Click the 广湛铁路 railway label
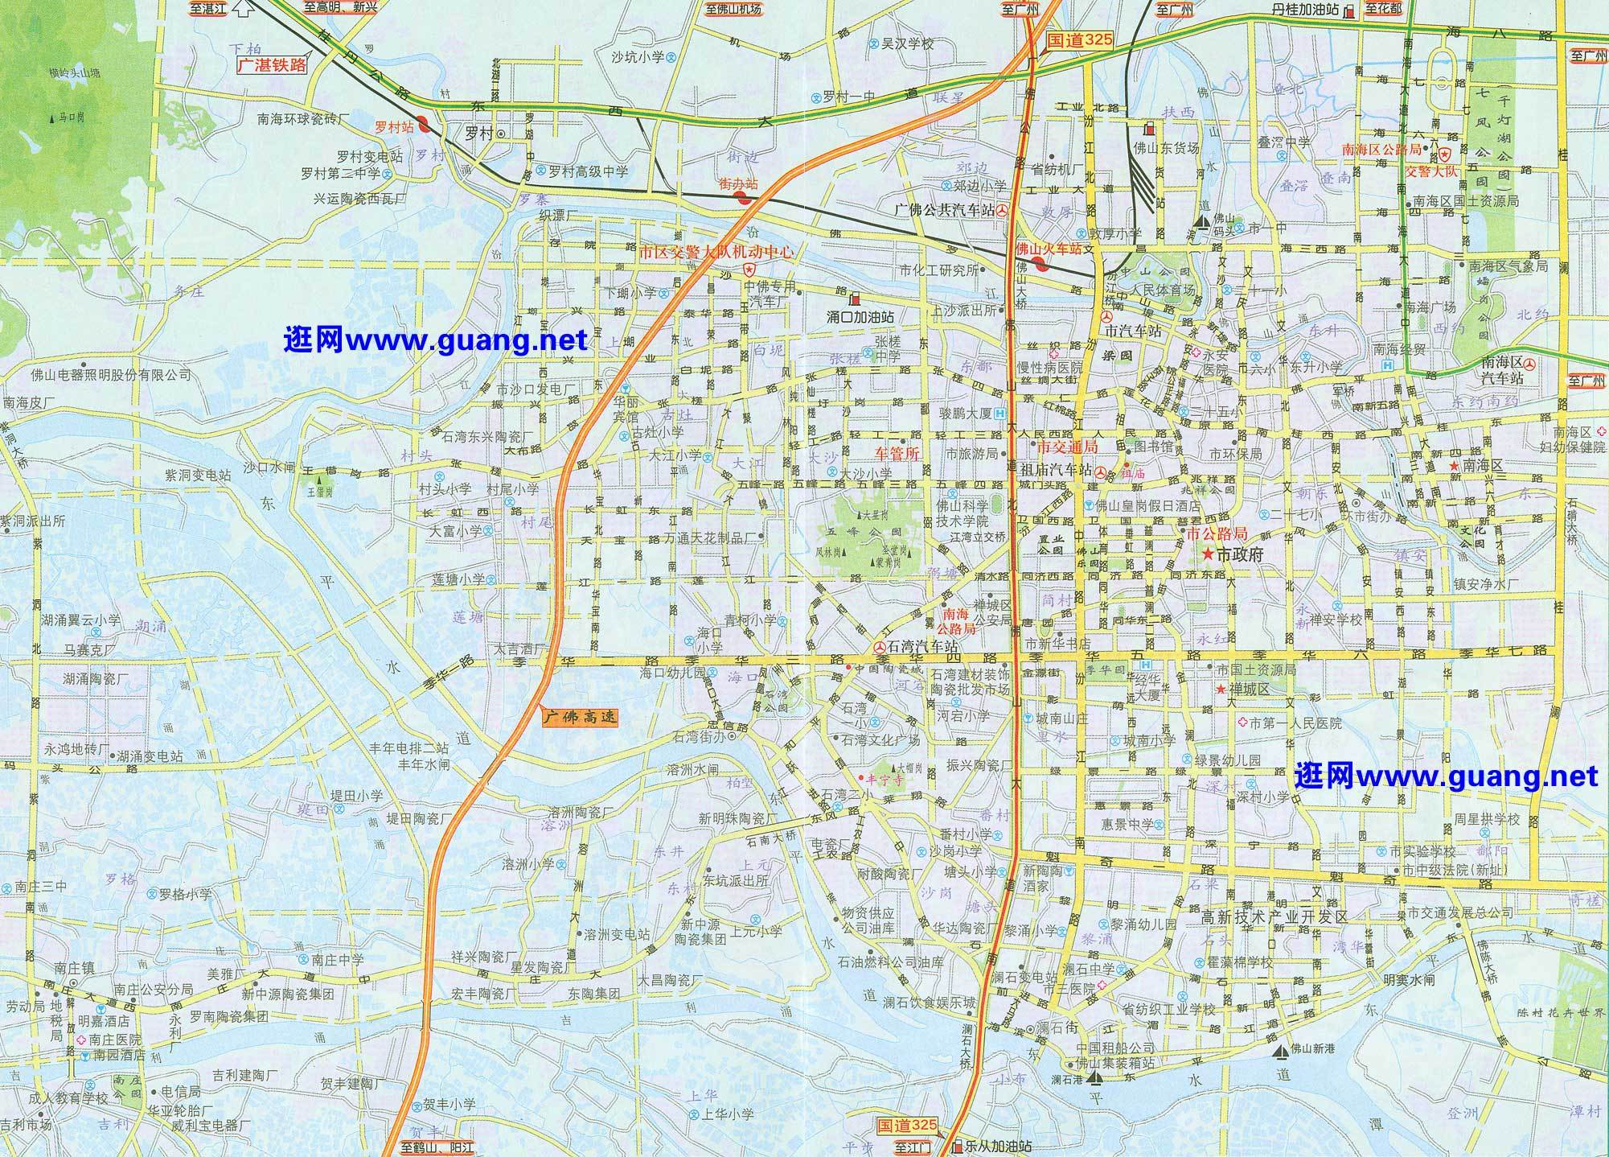click(271, 66)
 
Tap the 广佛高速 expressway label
click(580, 716)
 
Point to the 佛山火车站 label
click(1049, 249)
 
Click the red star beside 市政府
click(1207, 554)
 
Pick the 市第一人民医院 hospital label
click(1295, 723)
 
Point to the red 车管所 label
click(897, 453)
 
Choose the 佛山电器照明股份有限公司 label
click(100, 375)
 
